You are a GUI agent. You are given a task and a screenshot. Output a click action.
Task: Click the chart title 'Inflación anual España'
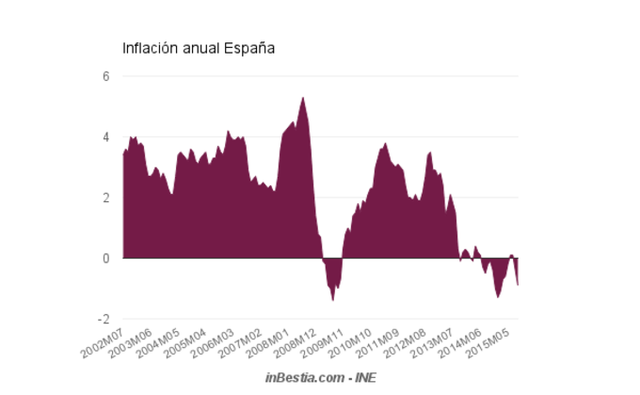point(199,47)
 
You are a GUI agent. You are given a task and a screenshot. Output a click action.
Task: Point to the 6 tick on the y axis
point(106,76)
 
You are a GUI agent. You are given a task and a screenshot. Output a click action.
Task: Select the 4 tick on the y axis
point(106,137)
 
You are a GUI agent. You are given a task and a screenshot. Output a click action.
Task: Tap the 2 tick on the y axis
point(106,197)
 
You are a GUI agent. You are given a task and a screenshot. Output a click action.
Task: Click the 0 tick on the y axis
point(106,258)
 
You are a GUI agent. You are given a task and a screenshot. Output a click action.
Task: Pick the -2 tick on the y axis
point(104,319)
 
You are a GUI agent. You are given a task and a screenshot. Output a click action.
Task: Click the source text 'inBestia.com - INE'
point(320,377)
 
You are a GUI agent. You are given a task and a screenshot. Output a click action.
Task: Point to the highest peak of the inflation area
point(302,98)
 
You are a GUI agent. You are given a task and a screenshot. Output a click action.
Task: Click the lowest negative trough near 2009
point(333,299)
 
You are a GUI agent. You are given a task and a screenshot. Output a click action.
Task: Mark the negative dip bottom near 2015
point(498,296)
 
